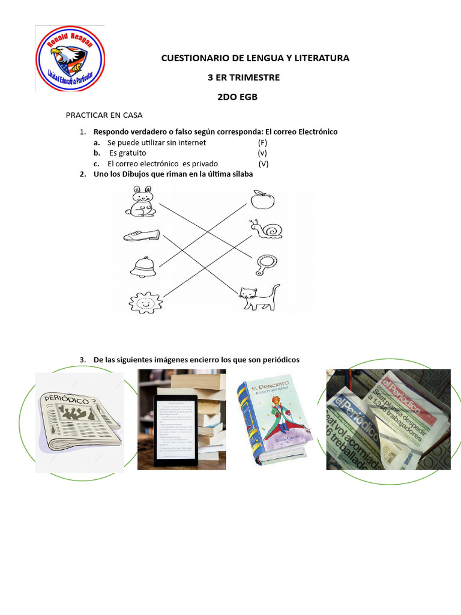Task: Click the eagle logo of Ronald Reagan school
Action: tap(70, 58)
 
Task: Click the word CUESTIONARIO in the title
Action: tap(190, 58)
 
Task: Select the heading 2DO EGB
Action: tap(237, 97)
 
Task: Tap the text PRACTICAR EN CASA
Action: tap(104, 115)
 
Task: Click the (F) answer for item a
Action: tap(262, 143)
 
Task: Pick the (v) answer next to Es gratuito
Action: tap(262, 153)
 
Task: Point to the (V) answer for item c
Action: tap(263, 163)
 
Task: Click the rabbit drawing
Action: tap(142, 201)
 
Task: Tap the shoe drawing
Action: tap(142, 235)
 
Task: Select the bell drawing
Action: tap(142, 267)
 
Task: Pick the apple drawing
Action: tap(261, 199)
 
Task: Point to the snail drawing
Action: tap(265, 229)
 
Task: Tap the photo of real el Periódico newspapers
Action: tap(388, 420)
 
